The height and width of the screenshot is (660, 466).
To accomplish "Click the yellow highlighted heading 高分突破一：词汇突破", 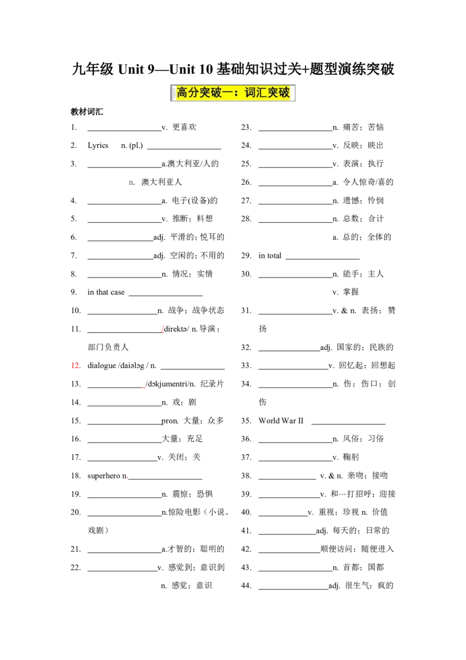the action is click(x=232, y=93).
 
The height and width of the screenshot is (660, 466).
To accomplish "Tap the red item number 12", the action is click(x=76, y=366).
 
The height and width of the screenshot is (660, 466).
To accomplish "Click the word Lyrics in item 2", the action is click(x=98, y=146).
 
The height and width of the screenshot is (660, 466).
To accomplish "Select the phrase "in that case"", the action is click(x=106, y=292).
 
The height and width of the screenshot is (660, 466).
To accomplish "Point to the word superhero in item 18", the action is click(x=104, y=476).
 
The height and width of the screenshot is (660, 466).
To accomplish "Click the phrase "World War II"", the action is click(x=281, y=420).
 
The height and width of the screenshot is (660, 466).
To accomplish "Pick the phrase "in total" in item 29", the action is click(x=270, y=255).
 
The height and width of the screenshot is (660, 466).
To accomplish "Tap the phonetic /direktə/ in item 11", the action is click(x=176, y=329).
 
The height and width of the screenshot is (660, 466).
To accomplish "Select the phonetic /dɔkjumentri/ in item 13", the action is click(x=167, y=384).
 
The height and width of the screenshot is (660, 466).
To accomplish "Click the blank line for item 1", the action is click(x=125, y=131).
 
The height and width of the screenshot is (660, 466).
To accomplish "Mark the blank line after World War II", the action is click(x=348, y=424).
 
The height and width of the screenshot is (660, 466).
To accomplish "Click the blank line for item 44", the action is click(x=294, y=589).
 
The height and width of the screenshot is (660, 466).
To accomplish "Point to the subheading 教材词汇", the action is click(x=87, y=111).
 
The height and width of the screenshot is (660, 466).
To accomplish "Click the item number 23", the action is click(x=246, y=127).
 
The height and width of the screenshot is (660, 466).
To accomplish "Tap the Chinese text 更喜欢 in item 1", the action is click(x=184, y=127).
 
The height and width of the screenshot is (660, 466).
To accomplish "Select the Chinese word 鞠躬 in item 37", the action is click(x=351, y=457).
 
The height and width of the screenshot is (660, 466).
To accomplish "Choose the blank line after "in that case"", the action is click(x=165, y=296).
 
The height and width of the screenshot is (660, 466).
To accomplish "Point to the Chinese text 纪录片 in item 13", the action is click(x=212, y=384).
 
